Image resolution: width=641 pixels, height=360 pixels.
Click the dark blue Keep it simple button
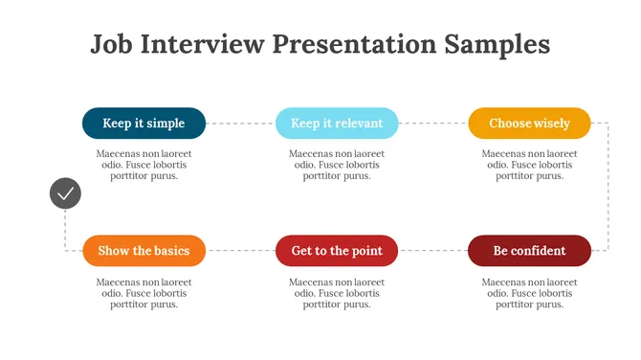tap(144, 124)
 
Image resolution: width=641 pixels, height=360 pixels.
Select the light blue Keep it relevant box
tap(337, 124)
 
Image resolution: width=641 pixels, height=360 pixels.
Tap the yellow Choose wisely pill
tap(529, 124)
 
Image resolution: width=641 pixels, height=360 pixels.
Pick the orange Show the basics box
tap(144, 251)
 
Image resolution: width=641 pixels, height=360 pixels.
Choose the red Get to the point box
tap(337, 251)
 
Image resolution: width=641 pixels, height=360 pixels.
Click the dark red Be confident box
tap(529, 251)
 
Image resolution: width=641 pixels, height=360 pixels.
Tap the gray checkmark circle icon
tap(65, 193)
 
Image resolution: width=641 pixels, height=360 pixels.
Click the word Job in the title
tap(112, 44)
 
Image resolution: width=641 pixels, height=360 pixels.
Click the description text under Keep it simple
tap(144, 165)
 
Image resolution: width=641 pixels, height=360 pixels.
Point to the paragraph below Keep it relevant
tap(337, 165)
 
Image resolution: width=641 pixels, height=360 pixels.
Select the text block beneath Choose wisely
tap(529, 165)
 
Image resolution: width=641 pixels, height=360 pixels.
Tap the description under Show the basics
tap(144, 293)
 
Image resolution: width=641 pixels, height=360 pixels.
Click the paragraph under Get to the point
tap(337, 293)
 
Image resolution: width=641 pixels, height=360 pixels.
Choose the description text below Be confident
tap(529, 293)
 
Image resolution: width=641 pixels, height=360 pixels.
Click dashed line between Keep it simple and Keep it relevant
tap(240, 124)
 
